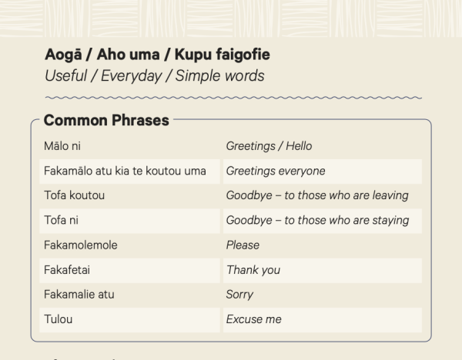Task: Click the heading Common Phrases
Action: pos(106,121)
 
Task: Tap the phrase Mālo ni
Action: pos(62,146)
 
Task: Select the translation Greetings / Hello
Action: pos(269,146)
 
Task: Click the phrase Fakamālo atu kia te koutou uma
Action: pos(125,171)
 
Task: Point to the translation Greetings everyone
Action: pos(276,172)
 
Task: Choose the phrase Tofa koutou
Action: pos(74,195)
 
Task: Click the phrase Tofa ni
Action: pos(62,220)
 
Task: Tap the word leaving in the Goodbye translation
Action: pos(390,195)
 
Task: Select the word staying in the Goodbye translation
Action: pos(390,221)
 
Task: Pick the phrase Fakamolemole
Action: pos(81,245)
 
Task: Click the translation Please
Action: pos(243,245)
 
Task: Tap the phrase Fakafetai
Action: pos(67,270)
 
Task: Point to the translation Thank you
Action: pos(253,270)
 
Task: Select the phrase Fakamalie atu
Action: pos(79,295)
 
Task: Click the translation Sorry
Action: pos(239,295)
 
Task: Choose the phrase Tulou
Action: pos(58,319)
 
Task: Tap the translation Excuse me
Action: pos(253,319)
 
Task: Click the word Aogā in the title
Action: pos(63,55)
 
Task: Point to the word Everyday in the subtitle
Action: pos(132,76)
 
